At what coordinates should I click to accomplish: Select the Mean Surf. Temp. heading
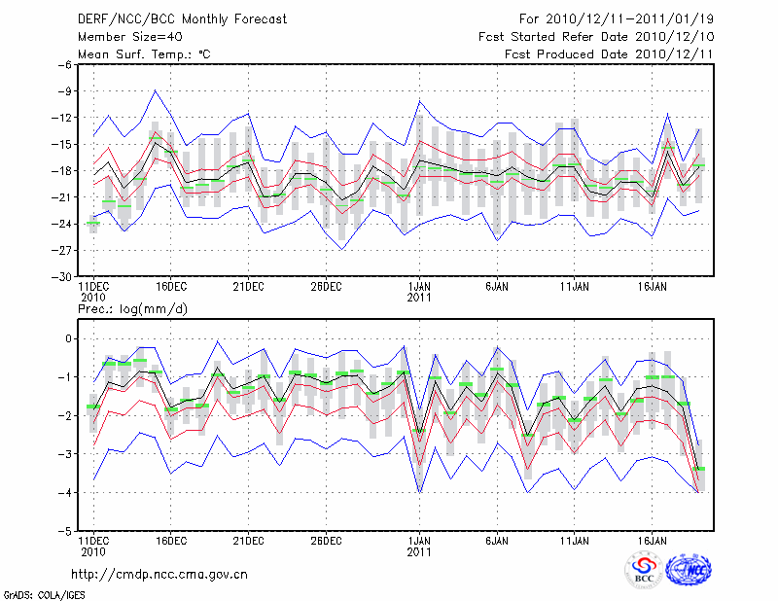(144, 53)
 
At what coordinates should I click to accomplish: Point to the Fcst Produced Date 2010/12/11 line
(610, 53)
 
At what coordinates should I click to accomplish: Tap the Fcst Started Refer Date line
(596, 36)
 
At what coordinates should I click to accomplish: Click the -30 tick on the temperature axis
(64, 276)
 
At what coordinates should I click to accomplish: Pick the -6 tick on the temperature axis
(67, 65)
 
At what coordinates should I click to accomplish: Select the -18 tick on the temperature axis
(64, 171)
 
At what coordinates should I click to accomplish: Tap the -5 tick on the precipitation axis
(67, 532)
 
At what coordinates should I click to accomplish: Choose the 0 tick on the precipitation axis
(70, 338)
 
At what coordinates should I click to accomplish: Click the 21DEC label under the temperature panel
(248, 286)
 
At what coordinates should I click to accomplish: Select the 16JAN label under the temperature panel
(652, 286)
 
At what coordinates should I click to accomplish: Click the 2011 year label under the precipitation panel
(419, 552)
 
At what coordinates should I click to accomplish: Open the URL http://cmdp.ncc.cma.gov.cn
(159, 574)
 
